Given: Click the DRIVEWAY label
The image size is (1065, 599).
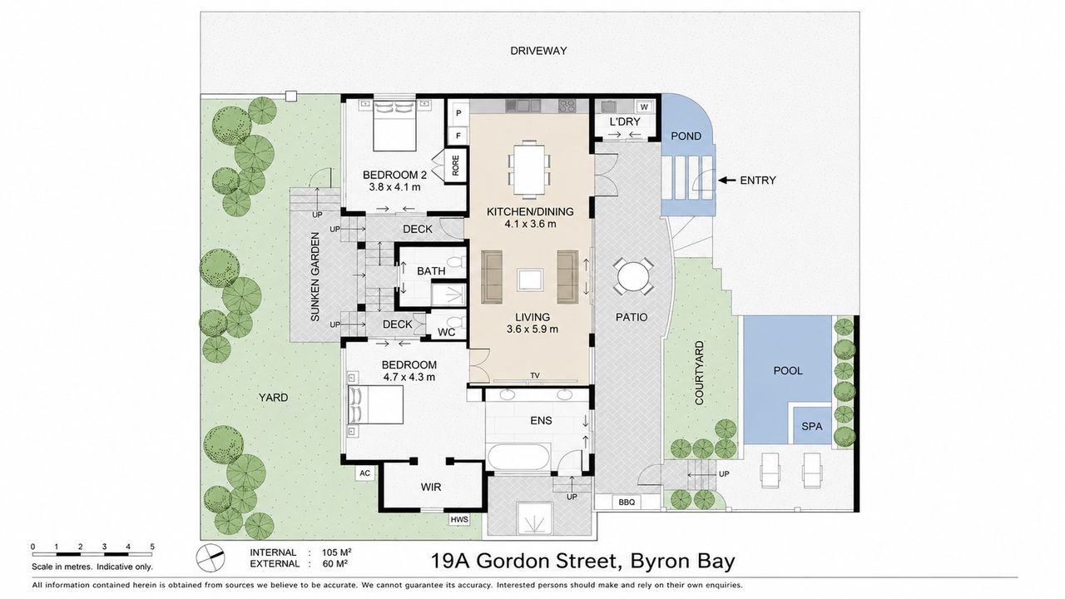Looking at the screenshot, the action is coord(538,51).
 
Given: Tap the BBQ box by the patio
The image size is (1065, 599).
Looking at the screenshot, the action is coord(627,502).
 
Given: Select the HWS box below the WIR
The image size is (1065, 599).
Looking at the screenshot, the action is coord(459,520).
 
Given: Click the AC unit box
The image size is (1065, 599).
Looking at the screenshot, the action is coord(364,473).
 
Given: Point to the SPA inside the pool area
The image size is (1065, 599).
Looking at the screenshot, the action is coord(811,426).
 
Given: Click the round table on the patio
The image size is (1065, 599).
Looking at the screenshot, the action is coord(633,277).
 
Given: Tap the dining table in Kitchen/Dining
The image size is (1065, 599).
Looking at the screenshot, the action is coord(529,169).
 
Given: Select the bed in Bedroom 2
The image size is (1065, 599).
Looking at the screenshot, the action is coord(394,126).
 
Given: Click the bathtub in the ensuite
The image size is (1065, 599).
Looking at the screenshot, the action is coord(519,457).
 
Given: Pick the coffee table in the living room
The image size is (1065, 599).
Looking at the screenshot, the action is coord(530,280).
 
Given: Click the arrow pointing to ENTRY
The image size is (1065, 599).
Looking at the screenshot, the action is coord(726,181).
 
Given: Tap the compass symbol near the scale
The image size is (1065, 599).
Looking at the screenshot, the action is coord(211,557).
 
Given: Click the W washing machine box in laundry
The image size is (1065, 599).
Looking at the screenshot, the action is coord(645,107).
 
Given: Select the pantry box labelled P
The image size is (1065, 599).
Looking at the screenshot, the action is coord(458,113).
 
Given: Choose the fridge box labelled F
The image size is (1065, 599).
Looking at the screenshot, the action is coord(458,136).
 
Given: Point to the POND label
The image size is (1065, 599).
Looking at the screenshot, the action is coord(686,136).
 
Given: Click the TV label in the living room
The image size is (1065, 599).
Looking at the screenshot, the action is coord(535,375).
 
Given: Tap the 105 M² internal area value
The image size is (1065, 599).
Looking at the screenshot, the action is coord(337,552).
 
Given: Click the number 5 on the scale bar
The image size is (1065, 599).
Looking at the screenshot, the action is coord(152,547).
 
